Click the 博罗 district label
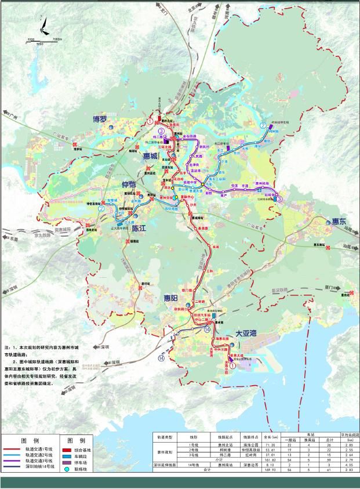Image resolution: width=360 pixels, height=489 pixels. click(x=100, y=119)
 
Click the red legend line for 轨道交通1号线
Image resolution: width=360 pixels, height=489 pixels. click(x=12, y=450)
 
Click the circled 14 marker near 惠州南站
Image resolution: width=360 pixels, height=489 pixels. click(x=207, y=329)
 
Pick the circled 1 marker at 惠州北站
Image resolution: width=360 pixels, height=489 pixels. click(x=150, y=122)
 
